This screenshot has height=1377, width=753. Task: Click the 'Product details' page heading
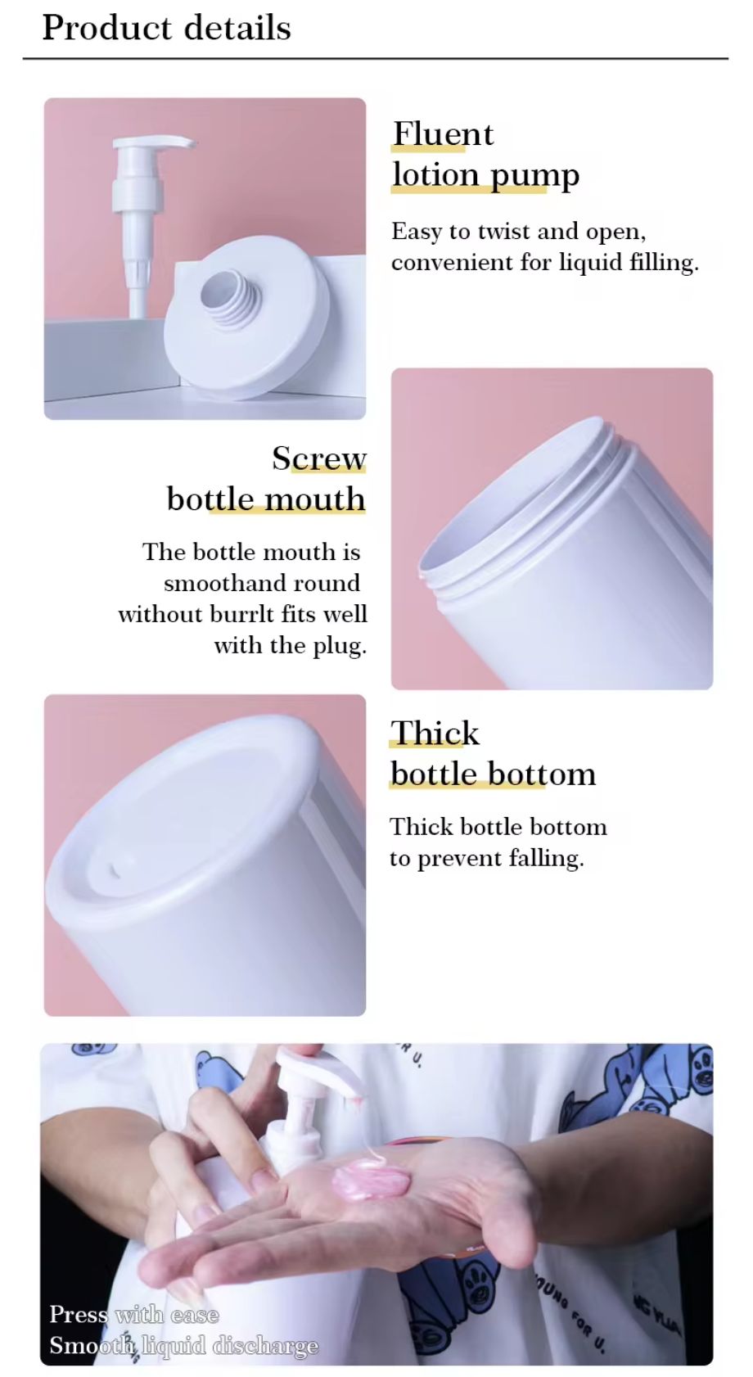coord(166,29)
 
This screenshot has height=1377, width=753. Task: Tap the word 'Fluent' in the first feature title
coord(443,134)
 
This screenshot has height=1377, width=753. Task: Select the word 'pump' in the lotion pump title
coord(534,177)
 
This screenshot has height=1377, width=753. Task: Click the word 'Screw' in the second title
coord(319,458)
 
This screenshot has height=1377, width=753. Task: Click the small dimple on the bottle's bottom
coord(115,869)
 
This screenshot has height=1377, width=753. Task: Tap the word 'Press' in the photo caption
coord(79,1314)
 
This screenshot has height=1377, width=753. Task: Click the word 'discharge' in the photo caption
coord(265,1346)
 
